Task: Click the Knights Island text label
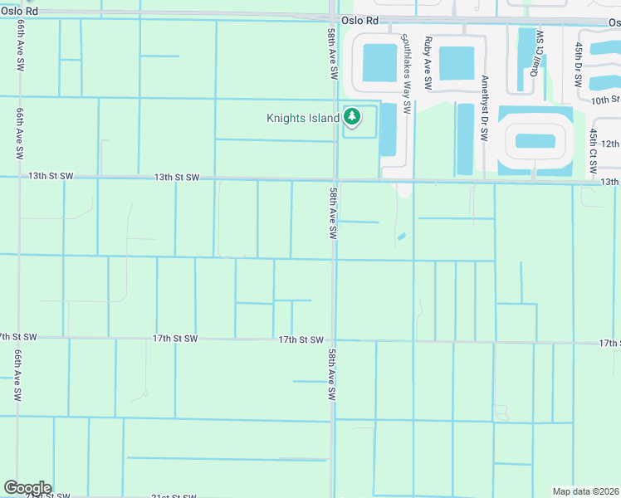302,118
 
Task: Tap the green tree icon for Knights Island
353,118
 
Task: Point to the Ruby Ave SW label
428,63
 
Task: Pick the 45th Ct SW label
594,150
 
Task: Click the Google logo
27,488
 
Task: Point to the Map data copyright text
586,491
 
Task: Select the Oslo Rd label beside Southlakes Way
359,18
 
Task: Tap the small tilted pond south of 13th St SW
402,237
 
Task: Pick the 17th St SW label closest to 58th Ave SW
300,339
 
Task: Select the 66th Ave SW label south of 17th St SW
17,374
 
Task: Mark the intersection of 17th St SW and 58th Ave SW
334,339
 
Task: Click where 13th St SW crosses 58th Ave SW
334,178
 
